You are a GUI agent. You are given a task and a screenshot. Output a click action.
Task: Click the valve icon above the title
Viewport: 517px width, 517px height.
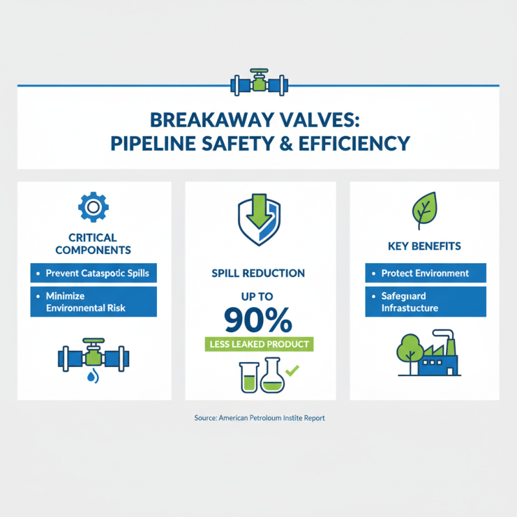tap(258, 83)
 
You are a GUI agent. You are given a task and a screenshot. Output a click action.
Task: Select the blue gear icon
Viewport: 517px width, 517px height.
tap(93, 206)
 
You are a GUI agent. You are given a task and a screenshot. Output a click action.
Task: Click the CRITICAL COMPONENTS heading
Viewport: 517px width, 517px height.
tap(93, 243)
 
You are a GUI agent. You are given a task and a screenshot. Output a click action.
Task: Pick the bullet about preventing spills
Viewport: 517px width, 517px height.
tap(93, 273)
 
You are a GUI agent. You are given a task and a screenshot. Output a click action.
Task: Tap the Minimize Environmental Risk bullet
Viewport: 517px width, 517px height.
tap(93, 301)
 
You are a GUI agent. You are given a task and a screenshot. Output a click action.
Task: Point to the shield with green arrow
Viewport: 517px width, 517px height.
tap(258, 220)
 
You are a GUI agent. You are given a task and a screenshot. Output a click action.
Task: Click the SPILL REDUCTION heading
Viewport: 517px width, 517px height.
tap(258, 273)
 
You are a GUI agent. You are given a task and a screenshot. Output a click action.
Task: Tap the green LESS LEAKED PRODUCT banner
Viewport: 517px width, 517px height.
tap(258, 344)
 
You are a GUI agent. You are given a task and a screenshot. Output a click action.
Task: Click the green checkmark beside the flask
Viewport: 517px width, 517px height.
tap(292, 371)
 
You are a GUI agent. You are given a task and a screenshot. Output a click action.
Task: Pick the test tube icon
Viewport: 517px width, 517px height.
tap(248, 377)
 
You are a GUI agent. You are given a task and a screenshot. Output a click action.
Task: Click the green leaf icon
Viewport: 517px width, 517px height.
tap(424, 209)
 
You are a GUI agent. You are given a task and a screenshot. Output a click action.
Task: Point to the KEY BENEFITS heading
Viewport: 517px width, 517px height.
tap(424, 246)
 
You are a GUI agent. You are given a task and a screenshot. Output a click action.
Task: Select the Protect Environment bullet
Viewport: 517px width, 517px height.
tap(425, 273)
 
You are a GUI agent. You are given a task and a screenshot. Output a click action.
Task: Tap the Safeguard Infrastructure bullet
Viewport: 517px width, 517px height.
tap(425, 302)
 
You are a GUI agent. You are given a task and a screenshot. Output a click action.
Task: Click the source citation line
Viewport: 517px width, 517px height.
tap(259, 418)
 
